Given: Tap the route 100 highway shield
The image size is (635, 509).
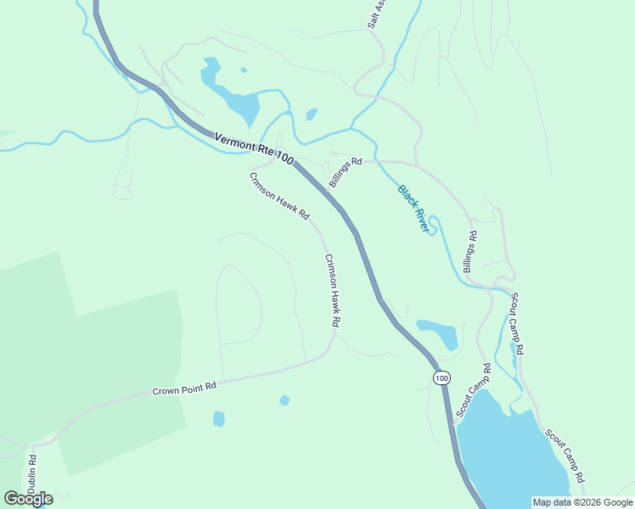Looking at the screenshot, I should [x=441, y=377].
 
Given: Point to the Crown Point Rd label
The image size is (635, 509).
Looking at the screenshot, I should [x=185, y=389].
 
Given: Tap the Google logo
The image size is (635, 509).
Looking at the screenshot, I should [x=28, y=499].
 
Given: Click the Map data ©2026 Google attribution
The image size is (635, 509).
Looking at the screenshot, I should [x=582, y=502].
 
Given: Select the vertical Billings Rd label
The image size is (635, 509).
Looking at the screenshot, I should [x=469, y=252].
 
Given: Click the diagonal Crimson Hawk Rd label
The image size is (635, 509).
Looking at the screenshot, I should [x=278, y=198].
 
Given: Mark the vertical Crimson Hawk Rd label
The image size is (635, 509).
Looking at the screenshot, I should [x=332, y=291].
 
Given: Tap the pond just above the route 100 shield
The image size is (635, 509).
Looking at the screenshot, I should [x=439, y=334].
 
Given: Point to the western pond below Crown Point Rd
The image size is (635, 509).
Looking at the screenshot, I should [x=219, y=418].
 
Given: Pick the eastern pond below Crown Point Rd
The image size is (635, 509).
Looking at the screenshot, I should [x=284, y=400].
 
